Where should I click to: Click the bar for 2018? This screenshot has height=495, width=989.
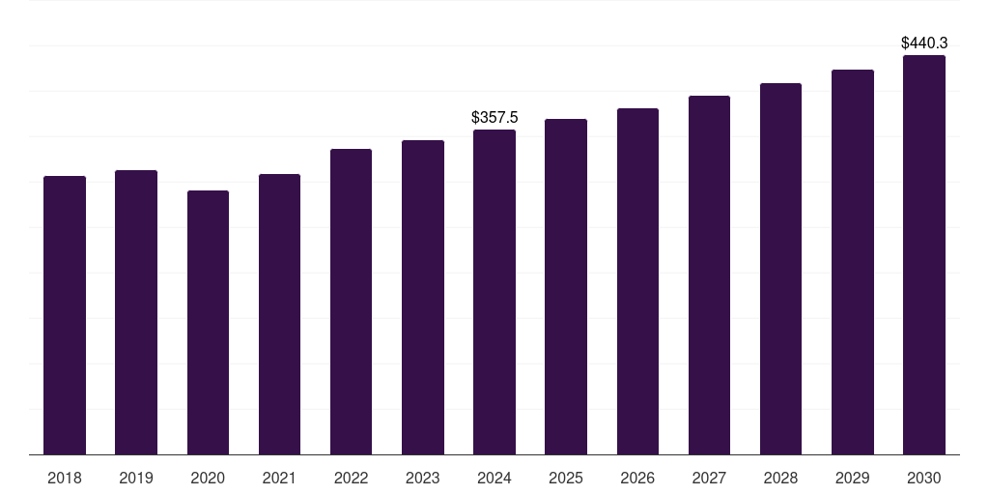65,315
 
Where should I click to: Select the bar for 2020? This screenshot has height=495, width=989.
208,322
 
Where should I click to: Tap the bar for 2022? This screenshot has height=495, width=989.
351,302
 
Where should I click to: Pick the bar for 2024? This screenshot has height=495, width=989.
494,292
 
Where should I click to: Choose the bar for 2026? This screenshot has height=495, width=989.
637,281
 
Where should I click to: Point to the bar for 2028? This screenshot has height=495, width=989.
780,269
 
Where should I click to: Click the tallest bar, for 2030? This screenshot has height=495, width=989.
924,254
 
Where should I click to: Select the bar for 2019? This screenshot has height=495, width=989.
136,312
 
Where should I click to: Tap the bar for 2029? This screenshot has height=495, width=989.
853,262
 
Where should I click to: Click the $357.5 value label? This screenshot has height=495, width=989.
494,117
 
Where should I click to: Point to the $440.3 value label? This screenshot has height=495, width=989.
924,43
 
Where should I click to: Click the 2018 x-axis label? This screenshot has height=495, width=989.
65,478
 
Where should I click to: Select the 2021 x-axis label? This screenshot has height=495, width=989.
279,478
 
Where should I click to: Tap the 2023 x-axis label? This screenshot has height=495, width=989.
423,478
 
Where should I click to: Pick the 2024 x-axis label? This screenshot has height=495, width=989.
494,478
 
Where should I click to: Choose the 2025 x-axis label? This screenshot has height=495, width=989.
566,478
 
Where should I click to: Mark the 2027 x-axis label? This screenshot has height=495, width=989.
709,478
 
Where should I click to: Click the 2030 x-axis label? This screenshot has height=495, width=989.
924,478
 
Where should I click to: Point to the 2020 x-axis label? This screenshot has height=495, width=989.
208,478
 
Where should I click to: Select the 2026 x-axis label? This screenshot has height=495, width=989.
637,478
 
